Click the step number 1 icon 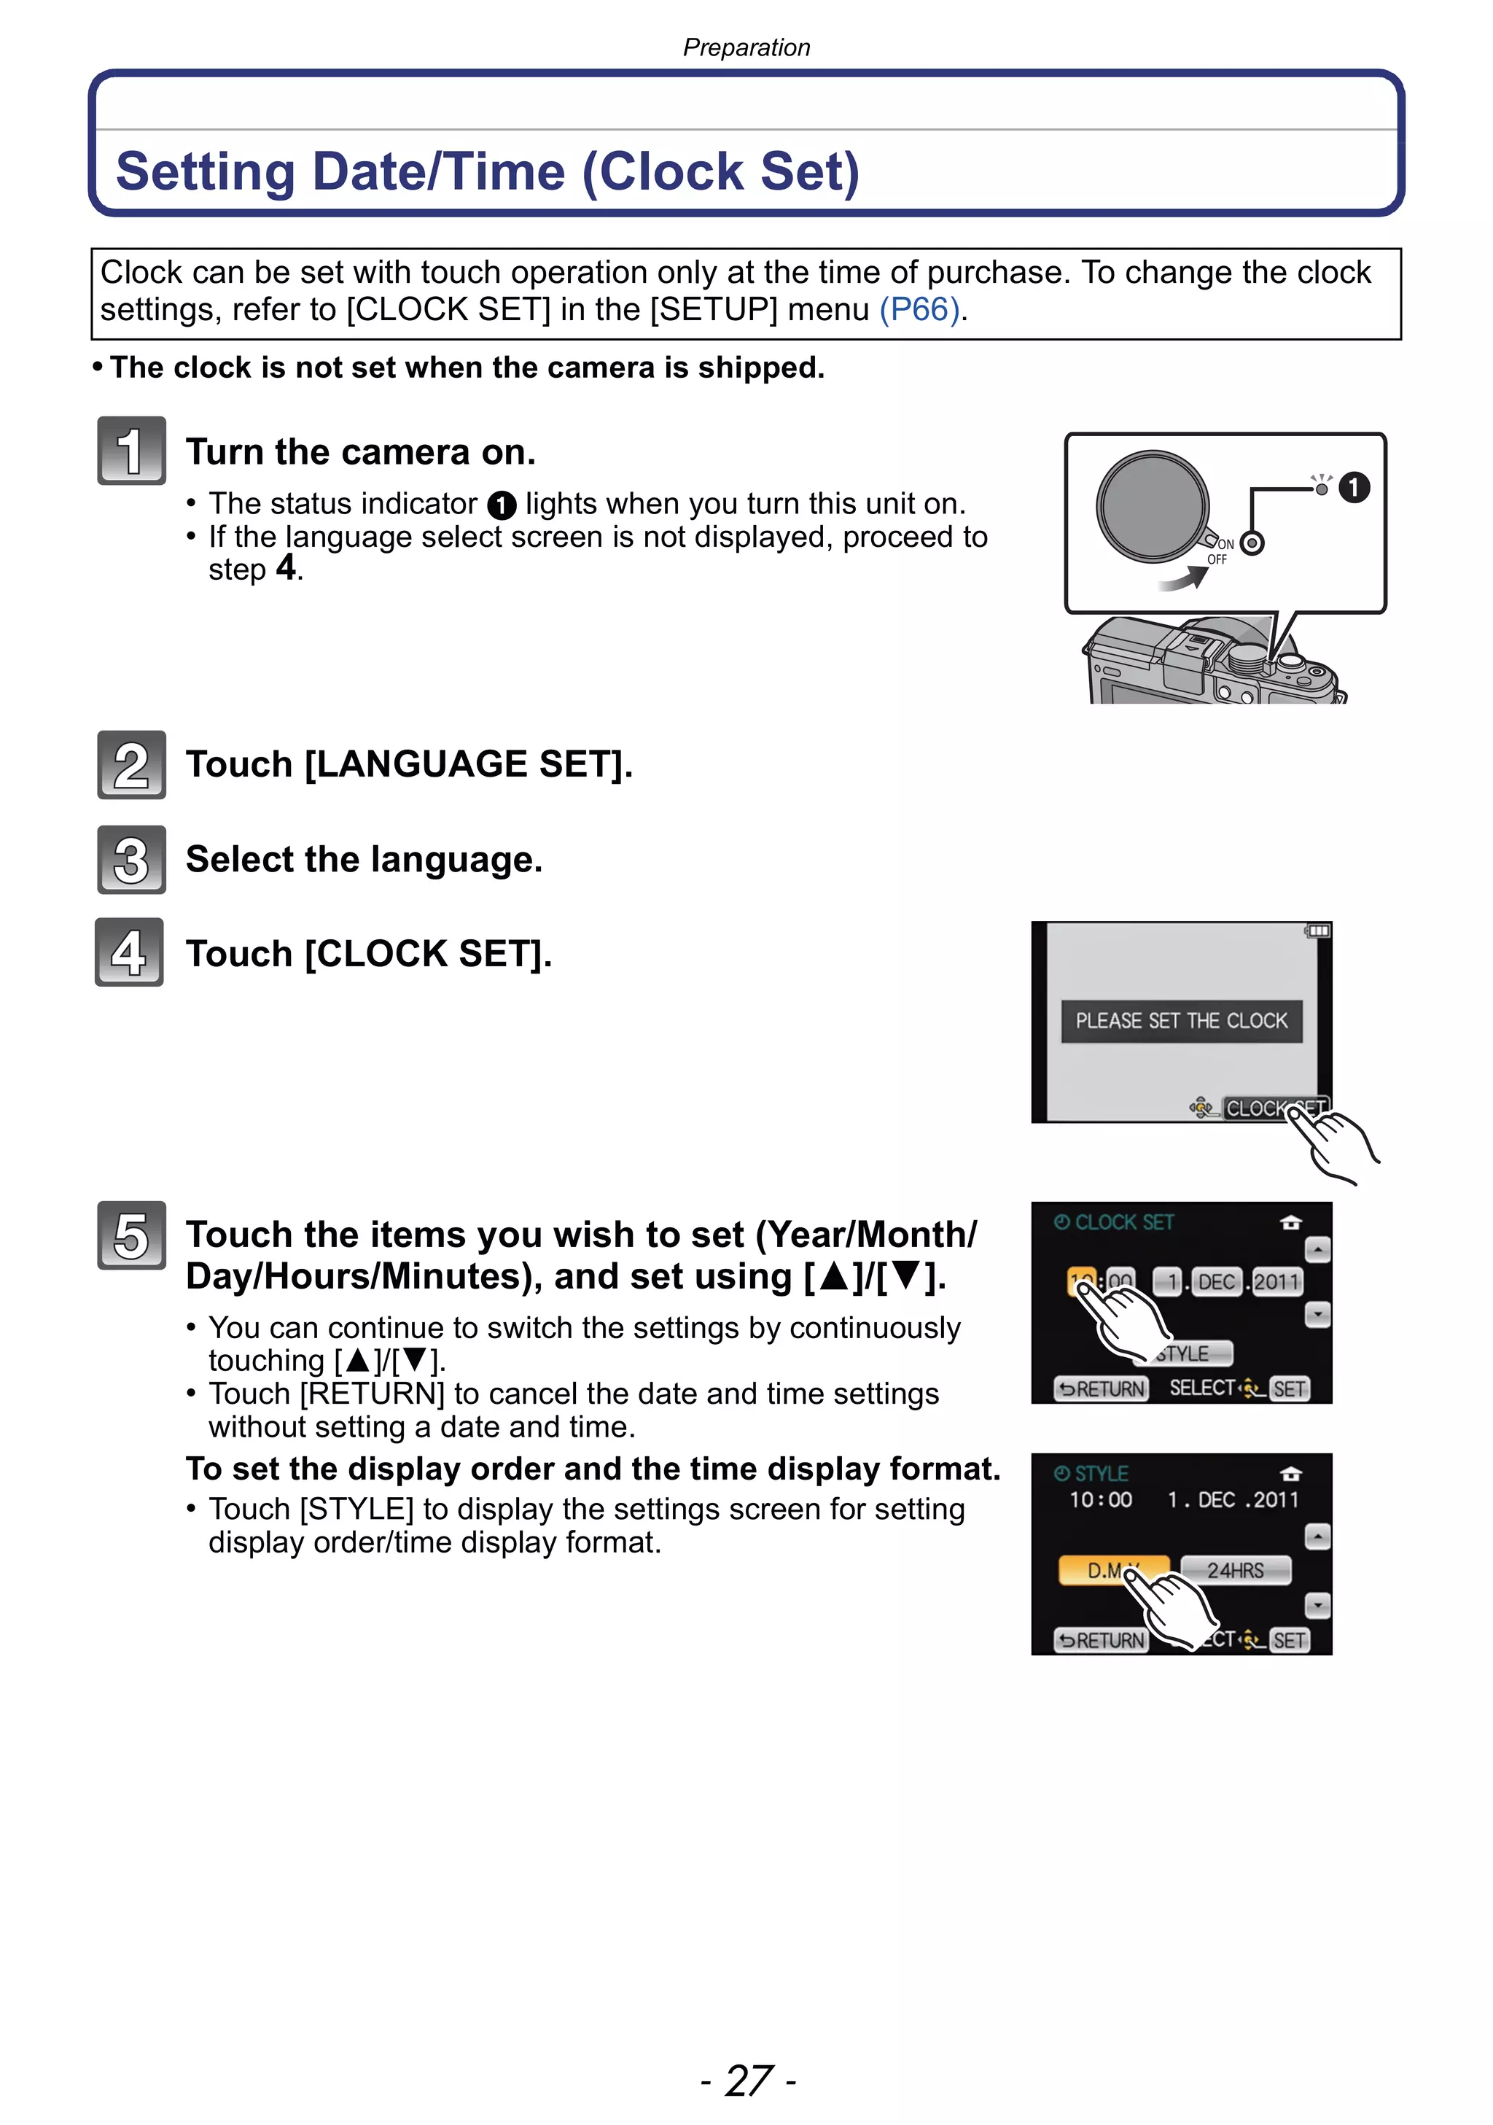[131, 451]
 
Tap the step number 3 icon [131, 860]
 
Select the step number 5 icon [131, 1235]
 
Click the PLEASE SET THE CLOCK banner [1181, 1021]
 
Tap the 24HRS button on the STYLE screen [1235, 1570]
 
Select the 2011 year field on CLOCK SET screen [1276, 1282]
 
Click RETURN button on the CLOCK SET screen [1102, 1388]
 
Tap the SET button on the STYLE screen [1289, 1640]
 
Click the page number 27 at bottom [747, 2080]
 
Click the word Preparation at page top [746, 47]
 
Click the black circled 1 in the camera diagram [1354, 487]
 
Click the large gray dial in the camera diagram [1153, 505]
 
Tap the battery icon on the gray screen [1318, 931]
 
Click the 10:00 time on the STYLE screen [1101, 1499]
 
